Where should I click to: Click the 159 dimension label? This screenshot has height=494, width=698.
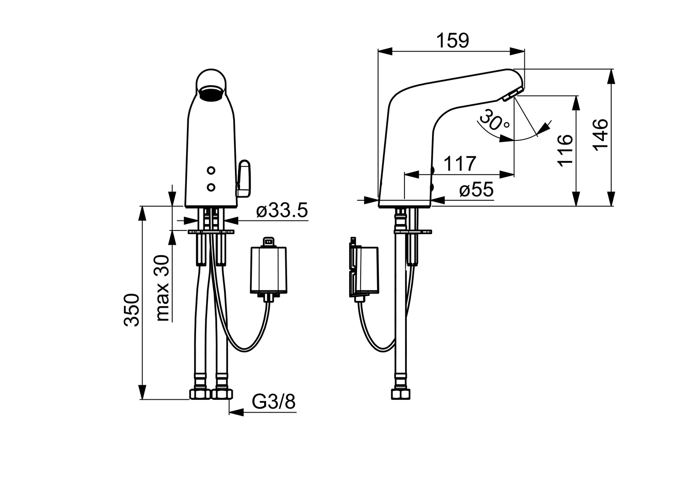click(x=453, y=41)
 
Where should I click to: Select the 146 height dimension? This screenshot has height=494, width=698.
click(x=601, y=135)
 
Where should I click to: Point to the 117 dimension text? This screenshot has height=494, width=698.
click(x=460, y=164)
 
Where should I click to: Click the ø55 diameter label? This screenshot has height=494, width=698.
click(x=476, y=190)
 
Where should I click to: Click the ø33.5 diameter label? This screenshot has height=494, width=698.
click(x=282, y=210)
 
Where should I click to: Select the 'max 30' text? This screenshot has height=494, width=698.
click(x=163, y=288)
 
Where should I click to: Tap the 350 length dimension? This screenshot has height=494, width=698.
click(x=132, y=310)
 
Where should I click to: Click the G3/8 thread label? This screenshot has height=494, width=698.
click(x=274, y=402)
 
